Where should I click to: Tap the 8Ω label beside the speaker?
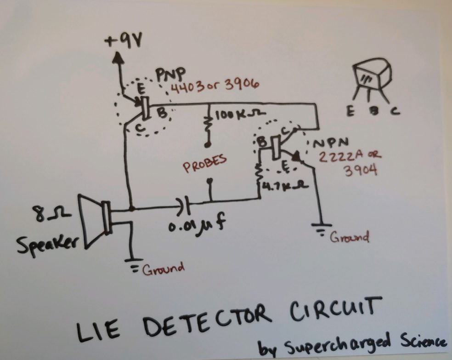tap(48, 215)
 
